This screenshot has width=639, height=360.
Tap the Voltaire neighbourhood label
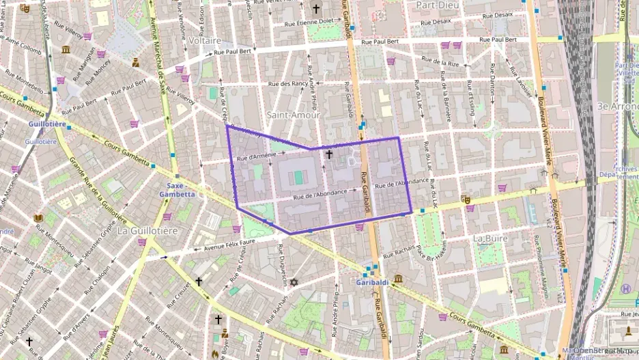[x=204, y=40]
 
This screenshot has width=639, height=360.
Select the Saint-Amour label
[x=294, y=115]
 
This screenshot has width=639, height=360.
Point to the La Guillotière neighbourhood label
[x=147, y=231]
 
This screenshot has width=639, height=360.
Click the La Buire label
[x=489, y=238]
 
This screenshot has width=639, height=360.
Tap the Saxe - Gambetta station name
[x=177, y=189]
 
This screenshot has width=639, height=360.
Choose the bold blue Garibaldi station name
[x=372, y=282]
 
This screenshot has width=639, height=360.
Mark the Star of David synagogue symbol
[x=294, y=282]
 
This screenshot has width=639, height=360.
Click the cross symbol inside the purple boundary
[x=329, y=154]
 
